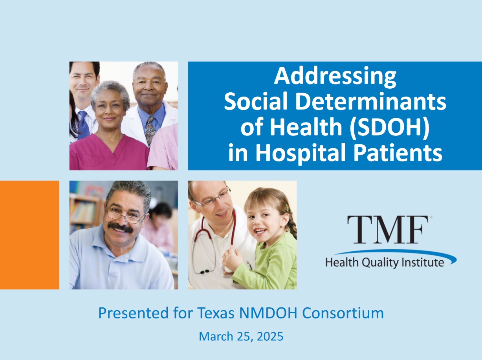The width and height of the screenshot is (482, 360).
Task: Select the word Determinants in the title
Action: (x=371, y=102)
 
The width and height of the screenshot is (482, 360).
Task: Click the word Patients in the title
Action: (x=398, y=152)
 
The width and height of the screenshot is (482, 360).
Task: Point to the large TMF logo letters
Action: (x=388, y=230)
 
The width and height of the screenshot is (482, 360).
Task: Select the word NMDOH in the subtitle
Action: (x=268, y=313)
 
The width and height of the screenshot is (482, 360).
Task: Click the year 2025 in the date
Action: (x=270, y=337)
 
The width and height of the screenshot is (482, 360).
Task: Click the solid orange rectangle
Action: (x=29, y=235)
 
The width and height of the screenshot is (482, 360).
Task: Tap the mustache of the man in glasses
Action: (x=120, y=227)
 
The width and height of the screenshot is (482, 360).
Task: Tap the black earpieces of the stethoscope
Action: (x=204, y=272)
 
